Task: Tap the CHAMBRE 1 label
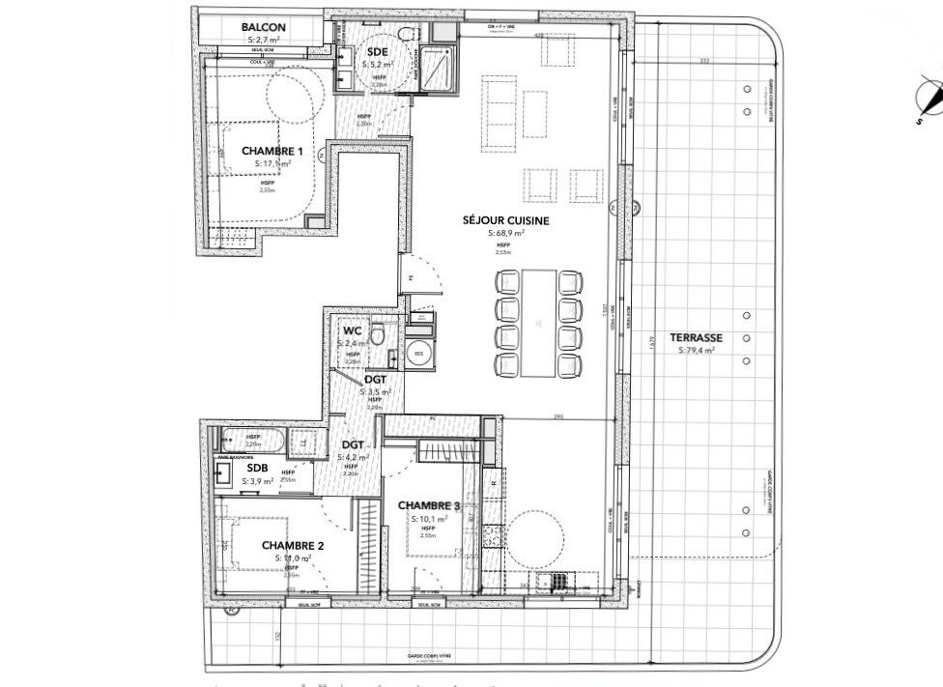point(272,151)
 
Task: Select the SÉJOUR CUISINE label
point(506,220)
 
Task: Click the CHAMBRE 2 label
point(293,545)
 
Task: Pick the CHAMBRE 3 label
point(428,505)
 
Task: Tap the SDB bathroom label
point(230,467)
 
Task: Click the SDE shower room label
point(376,52)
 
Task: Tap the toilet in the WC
point(383,333)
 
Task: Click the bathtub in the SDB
point(249,444)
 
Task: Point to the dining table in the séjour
point(540,323)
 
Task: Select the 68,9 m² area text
point(506,234)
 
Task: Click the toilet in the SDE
point(404,33)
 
